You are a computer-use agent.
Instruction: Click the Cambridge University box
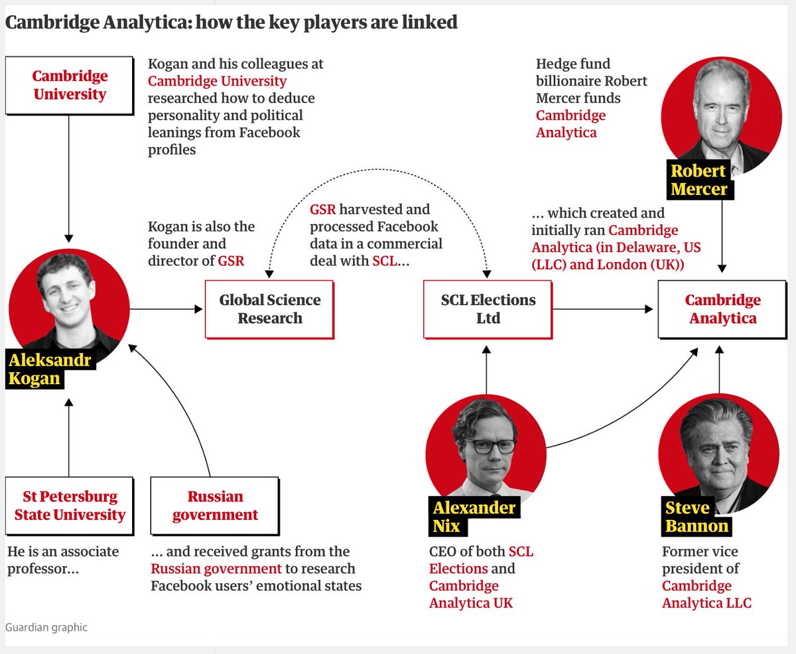(70, 85)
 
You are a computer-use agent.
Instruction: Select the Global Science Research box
(269, 309)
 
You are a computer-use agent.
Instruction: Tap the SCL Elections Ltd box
(488, 309)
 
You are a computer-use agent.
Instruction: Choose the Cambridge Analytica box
(722, 309)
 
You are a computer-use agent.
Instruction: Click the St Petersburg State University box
(70, 505)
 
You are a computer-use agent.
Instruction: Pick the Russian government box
(215, 505)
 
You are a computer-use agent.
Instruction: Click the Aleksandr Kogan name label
(50, 369)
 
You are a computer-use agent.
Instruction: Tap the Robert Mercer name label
(698, 180)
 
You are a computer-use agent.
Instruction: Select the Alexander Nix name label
(474, 517)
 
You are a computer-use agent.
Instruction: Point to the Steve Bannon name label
(696, 517)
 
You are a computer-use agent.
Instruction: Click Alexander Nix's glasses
(486, 445)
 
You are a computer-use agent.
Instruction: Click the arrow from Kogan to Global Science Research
(166, 309)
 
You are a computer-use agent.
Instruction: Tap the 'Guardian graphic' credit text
(46, 627)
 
